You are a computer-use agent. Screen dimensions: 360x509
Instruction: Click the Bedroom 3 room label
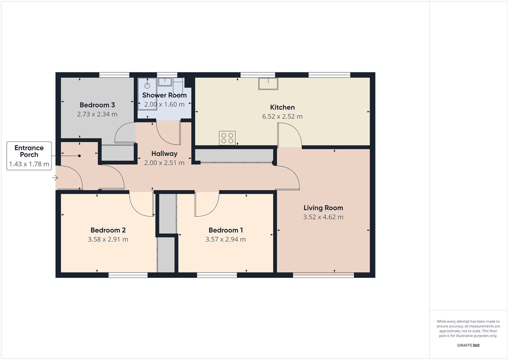tap(97, 105)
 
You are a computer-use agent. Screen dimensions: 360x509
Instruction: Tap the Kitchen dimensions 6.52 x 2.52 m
tap(282, 116)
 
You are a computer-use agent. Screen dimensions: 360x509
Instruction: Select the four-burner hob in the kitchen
tap(227, 138)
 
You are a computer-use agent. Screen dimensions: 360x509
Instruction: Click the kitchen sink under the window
tap(268, 84)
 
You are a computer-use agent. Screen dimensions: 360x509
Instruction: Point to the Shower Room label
tap(164, 95)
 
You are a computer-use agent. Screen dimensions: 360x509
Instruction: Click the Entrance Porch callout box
tap(29, 156)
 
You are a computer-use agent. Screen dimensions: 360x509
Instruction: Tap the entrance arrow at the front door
tap(55, 178)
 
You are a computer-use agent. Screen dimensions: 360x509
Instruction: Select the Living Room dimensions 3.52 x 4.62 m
tap(323, 217)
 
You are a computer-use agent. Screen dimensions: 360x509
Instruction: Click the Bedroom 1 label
tap(225, 230)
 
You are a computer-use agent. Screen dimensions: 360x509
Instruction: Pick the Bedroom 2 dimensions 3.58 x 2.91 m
tap(108, 239)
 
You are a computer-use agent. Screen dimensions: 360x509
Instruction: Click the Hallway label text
tap(164, 154)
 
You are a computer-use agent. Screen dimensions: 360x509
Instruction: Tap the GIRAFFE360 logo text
tap(468, 345)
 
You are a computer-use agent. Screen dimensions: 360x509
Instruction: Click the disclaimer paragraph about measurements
tap(468, 329)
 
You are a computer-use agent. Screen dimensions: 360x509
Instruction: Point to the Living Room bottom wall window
tap(323, 276)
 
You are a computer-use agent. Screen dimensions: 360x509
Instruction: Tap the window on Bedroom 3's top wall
tap(114, 75)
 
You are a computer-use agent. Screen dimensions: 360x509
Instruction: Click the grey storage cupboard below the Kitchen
tap(234, 155)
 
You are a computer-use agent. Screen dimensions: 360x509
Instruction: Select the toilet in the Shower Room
tap(178, 86)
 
